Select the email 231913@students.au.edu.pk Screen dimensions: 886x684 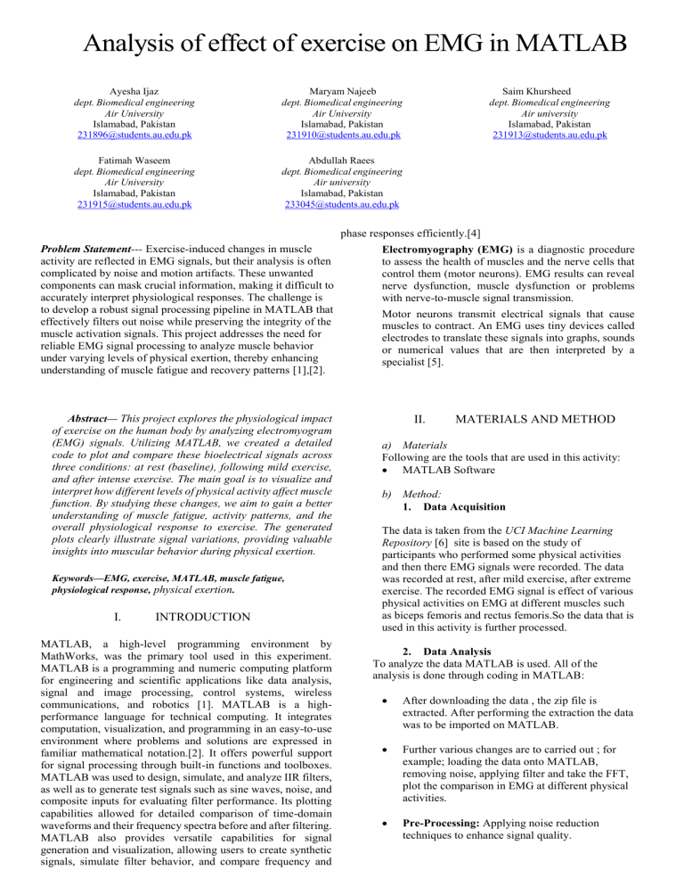point(547,135)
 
